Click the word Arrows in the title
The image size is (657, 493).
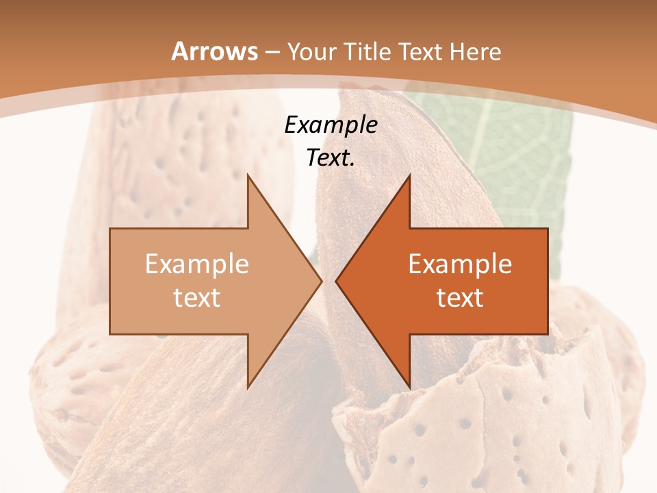tap(215, 51)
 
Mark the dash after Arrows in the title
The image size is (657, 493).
tap(272, 53)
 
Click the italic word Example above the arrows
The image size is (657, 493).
tap(331, 125)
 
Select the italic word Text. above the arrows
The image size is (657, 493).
tap(331, 157)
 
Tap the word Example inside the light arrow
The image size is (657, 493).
tap(197, 264)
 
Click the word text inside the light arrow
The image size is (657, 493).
tap(197, 297)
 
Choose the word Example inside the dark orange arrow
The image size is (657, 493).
tap(460, 264)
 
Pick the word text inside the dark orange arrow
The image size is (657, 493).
tap(460, 297)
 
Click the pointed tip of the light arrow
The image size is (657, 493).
tap(321, 281)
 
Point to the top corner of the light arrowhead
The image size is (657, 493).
tap(248, 175)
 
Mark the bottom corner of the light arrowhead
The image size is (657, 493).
tap(248, 387)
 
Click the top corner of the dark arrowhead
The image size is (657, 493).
tap(409, 175)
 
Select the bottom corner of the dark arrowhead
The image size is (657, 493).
tap(409, 387)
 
